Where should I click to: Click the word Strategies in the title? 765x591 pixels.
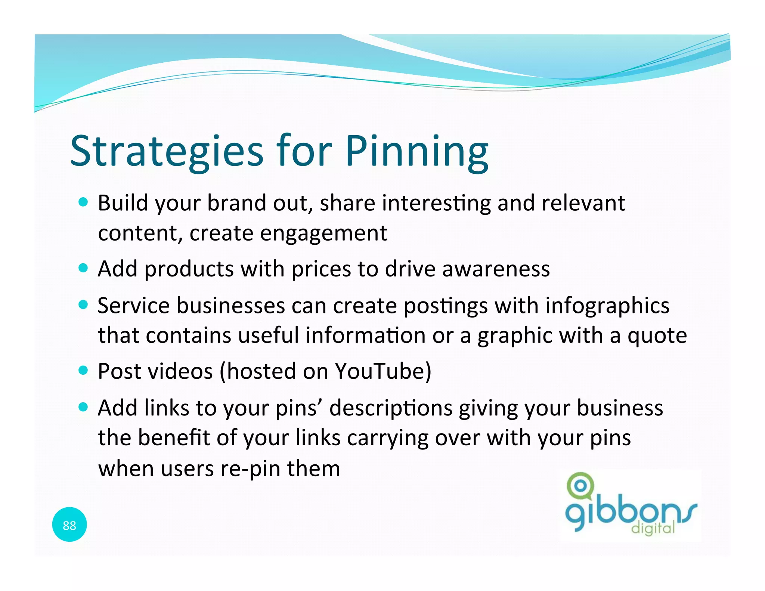tap(167, 151)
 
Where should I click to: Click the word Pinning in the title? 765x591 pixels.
tap(416, 151)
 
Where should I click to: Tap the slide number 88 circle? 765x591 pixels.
tap(69, 525)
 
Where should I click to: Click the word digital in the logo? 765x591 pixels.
tap(653, 528)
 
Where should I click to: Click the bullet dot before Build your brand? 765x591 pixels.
tap(83, 202)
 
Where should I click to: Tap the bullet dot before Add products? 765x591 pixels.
tap(83, 268)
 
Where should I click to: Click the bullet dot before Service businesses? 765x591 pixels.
tap(83, 304)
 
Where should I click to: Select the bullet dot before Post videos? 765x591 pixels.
tap(83, 371)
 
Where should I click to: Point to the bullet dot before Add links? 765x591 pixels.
tap(83, 407)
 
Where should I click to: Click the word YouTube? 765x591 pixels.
tap(382, 371)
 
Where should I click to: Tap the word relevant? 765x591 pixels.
tap(583, 203)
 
